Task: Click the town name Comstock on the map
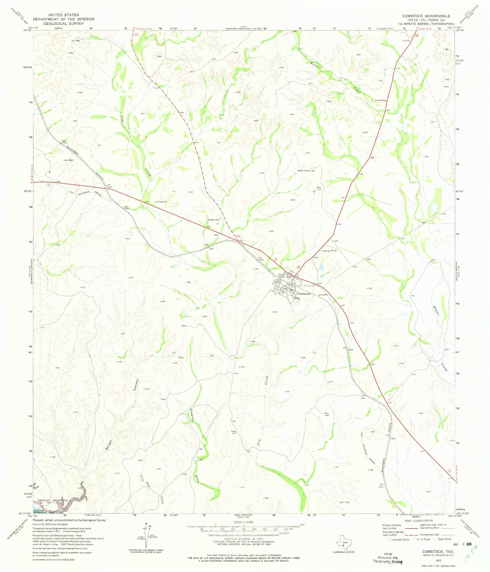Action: point(304,294)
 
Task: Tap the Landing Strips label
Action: point(329,250)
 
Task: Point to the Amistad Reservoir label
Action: point(52,500)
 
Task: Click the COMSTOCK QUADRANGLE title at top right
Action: point(426,16)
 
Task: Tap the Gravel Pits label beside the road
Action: point(213,220)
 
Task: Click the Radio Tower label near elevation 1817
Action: point(303,170)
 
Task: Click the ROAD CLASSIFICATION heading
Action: point(419,521)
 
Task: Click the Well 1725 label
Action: point(319,188)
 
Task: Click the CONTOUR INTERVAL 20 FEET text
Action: point(243,539)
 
